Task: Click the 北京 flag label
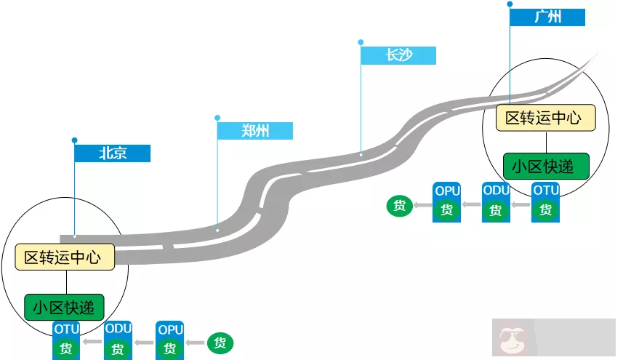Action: pos(113,153)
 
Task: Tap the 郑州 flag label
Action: pos(255,131)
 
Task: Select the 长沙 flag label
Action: pos(399,55)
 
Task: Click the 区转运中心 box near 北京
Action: pos(65,257)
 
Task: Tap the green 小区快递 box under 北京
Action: pos(64,306)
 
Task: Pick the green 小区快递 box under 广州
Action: pos(546,166)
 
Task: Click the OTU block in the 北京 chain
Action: pos(66,340)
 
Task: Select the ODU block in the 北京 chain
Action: pos(118,340)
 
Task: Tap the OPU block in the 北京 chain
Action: pos(170,340)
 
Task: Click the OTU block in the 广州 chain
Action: pos(546,201)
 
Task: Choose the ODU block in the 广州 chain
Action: pos(496,201)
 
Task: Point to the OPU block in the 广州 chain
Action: pos(446,201)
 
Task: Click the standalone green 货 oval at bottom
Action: pos(220,343)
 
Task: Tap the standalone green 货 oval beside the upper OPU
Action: pos(399,206)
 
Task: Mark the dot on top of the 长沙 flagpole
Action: pos(361,42)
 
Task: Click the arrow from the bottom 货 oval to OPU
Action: pos(195,343)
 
